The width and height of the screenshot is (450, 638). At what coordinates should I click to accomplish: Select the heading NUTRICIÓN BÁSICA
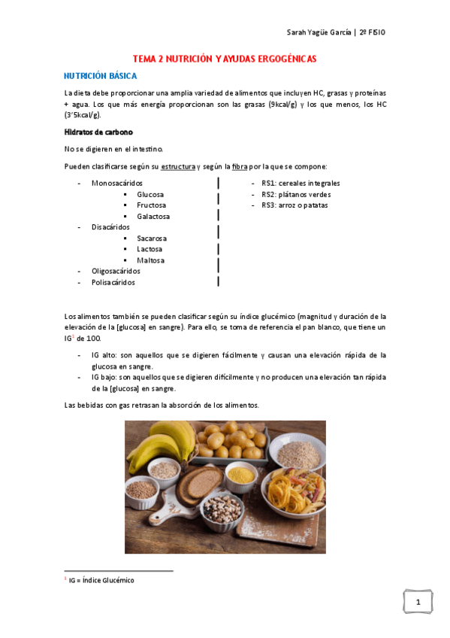click(100, 76)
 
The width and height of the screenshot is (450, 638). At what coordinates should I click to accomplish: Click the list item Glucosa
click(150, 194)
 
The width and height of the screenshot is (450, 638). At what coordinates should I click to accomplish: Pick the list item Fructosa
click(151, 205)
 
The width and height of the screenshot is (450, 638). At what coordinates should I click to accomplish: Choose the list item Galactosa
click(153, 216)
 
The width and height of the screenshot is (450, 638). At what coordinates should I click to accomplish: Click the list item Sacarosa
click(152, 238)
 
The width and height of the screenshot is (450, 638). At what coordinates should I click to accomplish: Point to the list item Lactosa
click(150, 249)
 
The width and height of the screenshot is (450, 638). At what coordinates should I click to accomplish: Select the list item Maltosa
click(150, 260)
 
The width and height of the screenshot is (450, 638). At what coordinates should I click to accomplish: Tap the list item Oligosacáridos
click(116, 271)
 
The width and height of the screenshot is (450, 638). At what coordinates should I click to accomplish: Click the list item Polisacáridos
click(113, 282)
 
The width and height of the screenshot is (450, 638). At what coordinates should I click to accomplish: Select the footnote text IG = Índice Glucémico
click(101, 580)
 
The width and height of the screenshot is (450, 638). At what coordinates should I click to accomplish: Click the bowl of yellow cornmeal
click(240, 476)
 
